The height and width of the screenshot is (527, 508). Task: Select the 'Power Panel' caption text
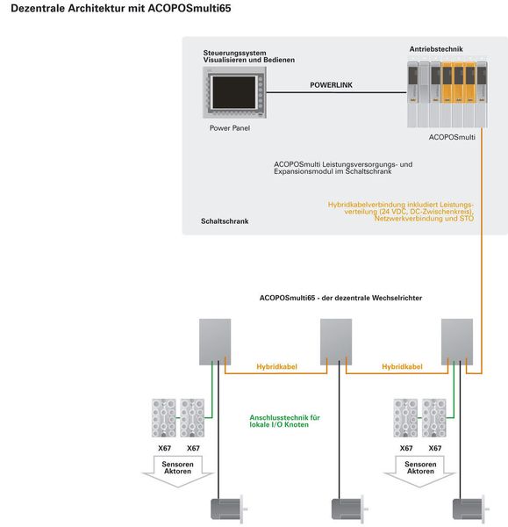coord(229,128)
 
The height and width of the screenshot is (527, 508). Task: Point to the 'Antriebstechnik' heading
coord(436,49)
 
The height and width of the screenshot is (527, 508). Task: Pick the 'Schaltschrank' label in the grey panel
coord(224,221)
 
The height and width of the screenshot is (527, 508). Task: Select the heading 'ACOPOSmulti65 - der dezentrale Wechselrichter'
coord(340,298)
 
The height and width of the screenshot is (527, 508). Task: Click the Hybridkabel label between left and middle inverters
coord(275,366)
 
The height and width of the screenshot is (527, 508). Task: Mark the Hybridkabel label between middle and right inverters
coord(402,366)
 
